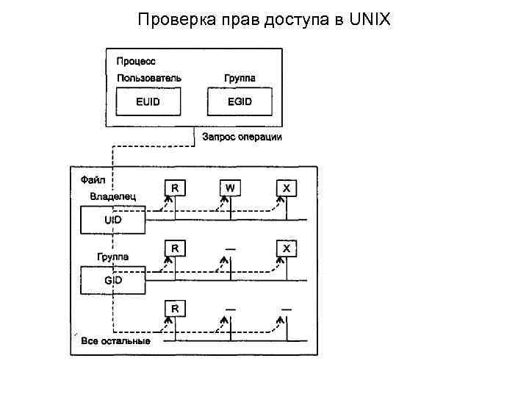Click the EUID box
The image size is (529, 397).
click(x=148, y=101)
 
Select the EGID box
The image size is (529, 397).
click(x=240, y=101)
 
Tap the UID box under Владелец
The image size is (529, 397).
click(x=112, y=220)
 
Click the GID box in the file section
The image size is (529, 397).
click(x=112, y=280)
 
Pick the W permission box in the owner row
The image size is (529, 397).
click(x=230, y=188)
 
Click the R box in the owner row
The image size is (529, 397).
click(x=174, y=188)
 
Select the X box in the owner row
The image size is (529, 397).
click(x=287, y=188)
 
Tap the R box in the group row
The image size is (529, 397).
click(x=174, y=248)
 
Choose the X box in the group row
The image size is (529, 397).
click(x=287, y=248)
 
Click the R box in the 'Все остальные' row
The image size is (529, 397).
click(x=174, y=308)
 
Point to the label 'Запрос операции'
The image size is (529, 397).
click(x=242, y=137)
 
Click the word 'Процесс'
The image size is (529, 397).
click(x=136, y=61)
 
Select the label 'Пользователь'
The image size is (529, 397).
click(x=149, y=78)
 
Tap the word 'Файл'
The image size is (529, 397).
click(x=93, y=179)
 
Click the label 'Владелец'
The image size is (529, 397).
click(x=112, y=196)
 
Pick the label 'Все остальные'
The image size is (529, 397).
click(x=115, y=341)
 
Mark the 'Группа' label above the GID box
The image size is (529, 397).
click(x=112, y=257)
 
